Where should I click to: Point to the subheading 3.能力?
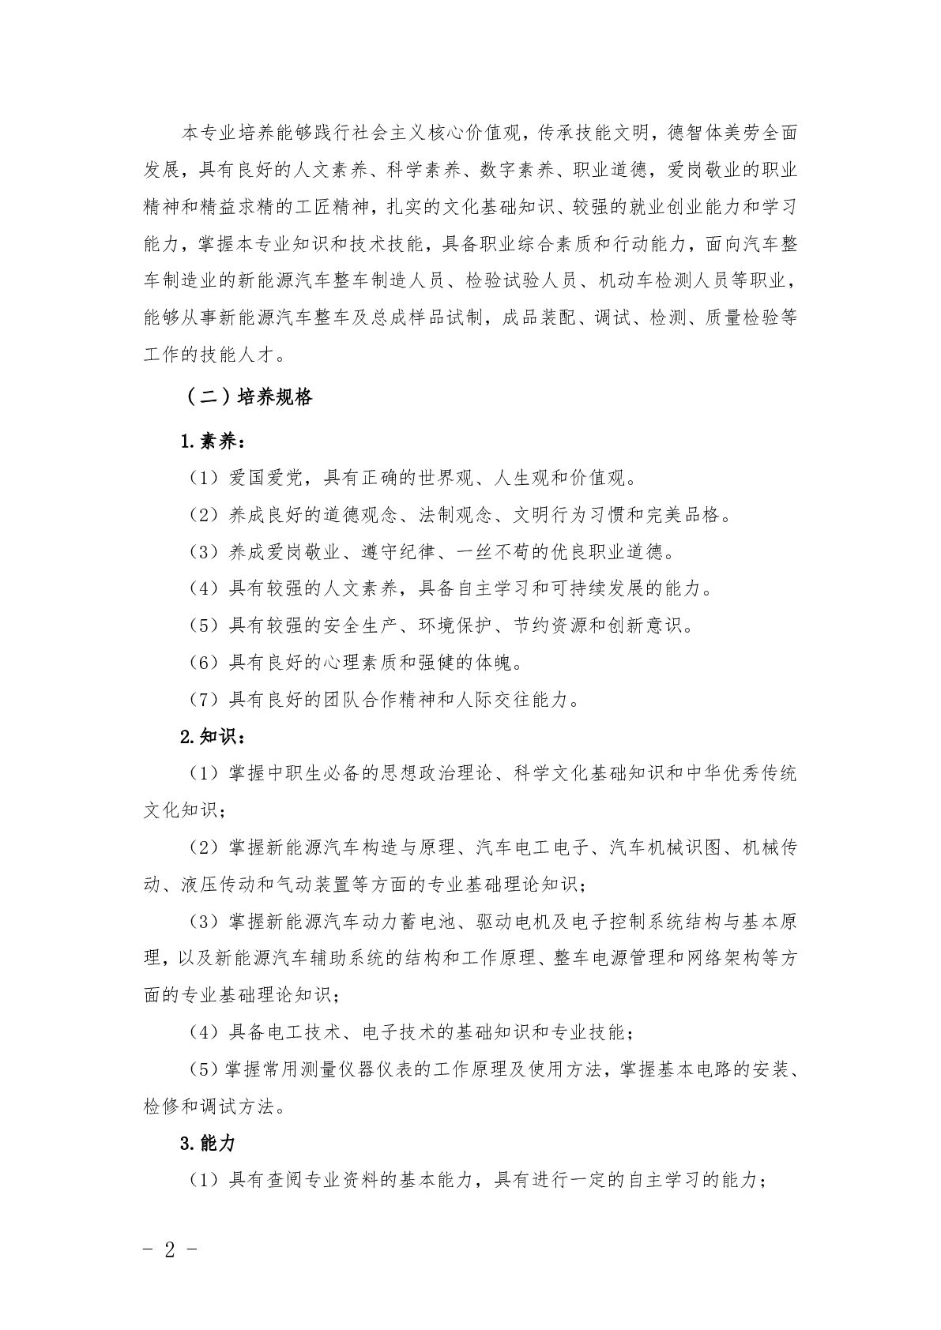pos(208,1143)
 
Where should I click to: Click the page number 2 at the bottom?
pos(169,1249)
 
